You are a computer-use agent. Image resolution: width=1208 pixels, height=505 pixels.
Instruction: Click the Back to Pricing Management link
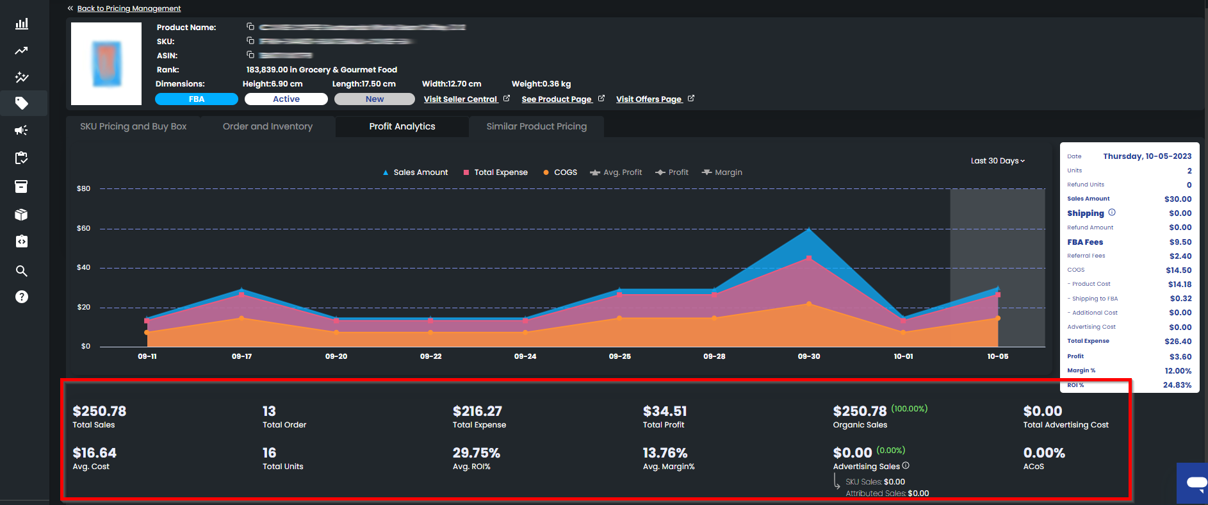(x=128, y=8)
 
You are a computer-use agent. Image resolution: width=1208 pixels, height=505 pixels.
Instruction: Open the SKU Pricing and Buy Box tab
(x=133, y=126)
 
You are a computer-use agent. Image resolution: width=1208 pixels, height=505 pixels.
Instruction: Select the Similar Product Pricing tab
(x=536, y=126)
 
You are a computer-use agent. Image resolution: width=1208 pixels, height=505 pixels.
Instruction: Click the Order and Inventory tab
(x=268, y=126)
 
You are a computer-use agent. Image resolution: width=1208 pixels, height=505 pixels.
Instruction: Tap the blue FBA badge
(x=196, y=99)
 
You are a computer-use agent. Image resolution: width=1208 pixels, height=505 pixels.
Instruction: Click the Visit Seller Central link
(x=461, y=99)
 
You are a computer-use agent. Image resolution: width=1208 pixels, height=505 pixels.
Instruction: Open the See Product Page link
(x=556, y=99)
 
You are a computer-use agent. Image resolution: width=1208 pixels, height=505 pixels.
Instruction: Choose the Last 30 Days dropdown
(x=997, y=161)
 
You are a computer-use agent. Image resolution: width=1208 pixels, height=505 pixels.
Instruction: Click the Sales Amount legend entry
(x=420, y=172)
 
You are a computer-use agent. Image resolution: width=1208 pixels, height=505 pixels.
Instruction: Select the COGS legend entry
(x=564, y=172)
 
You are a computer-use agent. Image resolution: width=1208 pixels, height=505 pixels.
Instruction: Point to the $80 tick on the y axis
(x=83, y=188)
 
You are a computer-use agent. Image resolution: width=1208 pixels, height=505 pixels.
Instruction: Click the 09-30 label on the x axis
(x=809, y=356)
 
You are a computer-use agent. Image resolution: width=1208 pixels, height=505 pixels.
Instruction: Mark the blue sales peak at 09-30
(x=809, y=229)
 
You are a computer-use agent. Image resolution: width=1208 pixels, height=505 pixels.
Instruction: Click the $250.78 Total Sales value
(x=99, y=411)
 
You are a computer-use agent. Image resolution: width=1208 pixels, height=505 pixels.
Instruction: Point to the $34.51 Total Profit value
(x=664, y=411)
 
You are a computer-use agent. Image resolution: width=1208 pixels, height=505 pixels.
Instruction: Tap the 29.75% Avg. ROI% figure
(x=476, y=452)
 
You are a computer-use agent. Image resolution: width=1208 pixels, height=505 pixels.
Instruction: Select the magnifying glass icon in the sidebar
(x=22, y=270)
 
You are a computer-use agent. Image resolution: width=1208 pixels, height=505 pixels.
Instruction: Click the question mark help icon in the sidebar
(x=22, y=297)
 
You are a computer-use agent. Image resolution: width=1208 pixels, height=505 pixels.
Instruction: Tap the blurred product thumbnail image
(x=106, y=64)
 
